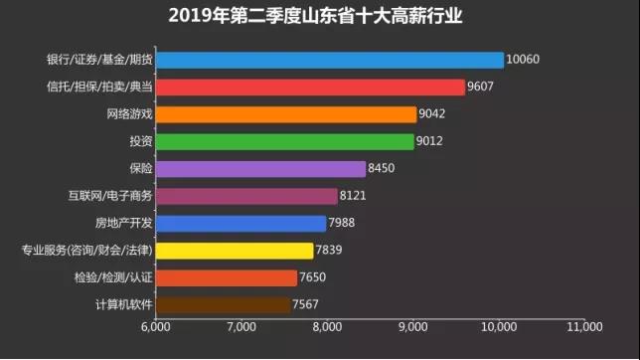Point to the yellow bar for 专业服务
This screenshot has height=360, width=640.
(235, 251)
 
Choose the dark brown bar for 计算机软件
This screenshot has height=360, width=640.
(223, 305)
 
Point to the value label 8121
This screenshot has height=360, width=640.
(354, 196)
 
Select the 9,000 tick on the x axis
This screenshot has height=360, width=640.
(412, 327)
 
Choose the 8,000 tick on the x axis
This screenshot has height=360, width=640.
(327, 327)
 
